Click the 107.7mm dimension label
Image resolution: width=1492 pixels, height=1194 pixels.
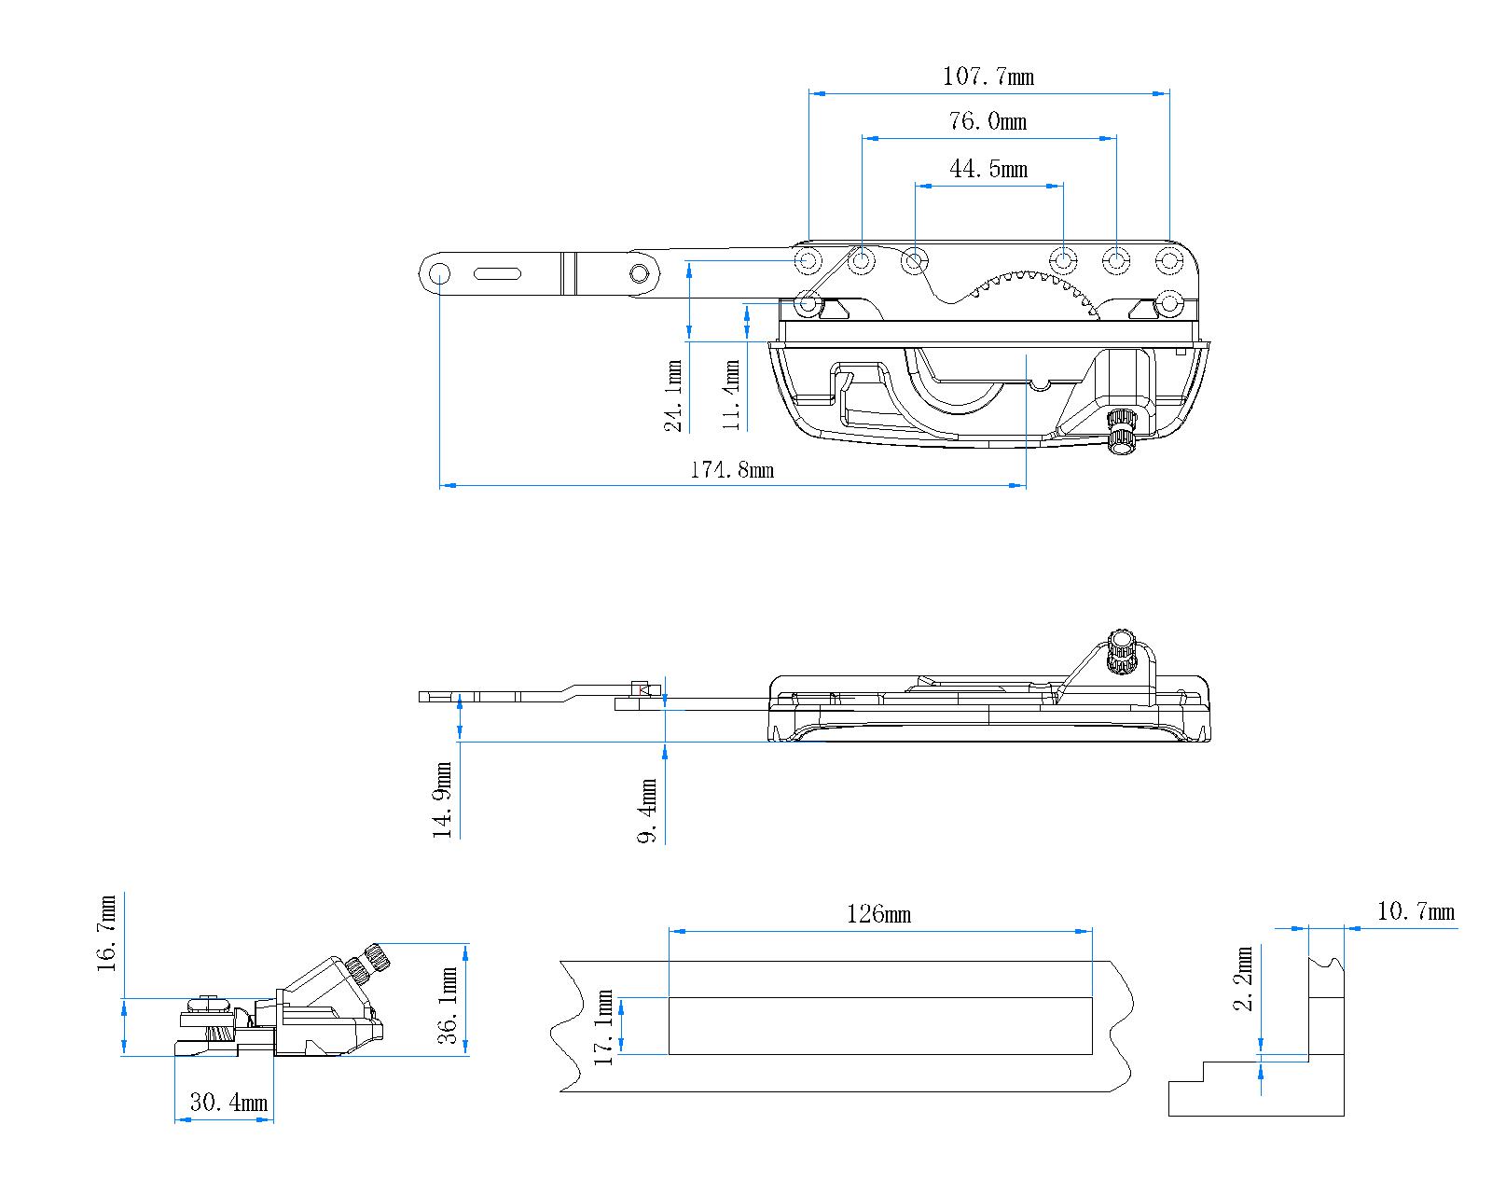click(x=988, y=76)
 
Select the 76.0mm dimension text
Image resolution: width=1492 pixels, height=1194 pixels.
click(x=988, y=121)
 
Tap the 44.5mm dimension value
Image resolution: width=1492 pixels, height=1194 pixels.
click(x=988, y=169)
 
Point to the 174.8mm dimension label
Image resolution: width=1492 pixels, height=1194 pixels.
click(x=731, y=470)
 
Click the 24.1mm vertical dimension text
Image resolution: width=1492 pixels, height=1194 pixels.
click(x=673, y=396)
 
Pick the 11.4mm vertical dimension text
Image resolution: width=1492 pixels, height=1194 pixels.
click(x=732, y=396)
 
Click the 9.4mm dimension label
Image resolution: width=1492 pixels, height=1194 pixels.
click(x=648, y=810)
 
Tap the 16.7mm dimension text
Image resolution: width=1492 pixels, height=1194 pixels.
click(x=107, y=934)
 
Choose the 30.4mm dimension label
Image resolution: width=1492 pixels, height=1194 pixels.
click(x=228, y=1103)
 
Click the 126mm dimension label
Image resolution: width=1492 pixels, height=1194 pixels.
click(x=878, y=914)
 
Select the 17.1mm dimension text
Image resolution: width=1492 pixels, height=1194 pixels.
click(x=604, y=1028)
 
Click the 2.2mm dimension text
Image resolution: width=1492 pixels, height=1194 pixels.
click(x=1243, y=979)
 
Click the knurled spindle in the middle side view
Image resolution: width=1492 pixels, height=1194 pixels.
click(x=1120, y=651)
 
